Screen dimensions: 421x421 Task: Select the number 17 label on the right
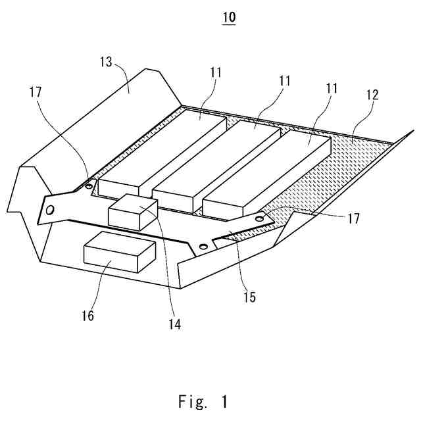tap(353, 218)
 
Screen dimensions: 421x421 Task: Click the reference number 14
tap(175, 323)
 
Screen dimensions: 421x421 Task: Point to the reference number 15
tap(248, 297)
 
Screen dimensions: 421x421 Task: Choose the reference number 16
tap(88, 316)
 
